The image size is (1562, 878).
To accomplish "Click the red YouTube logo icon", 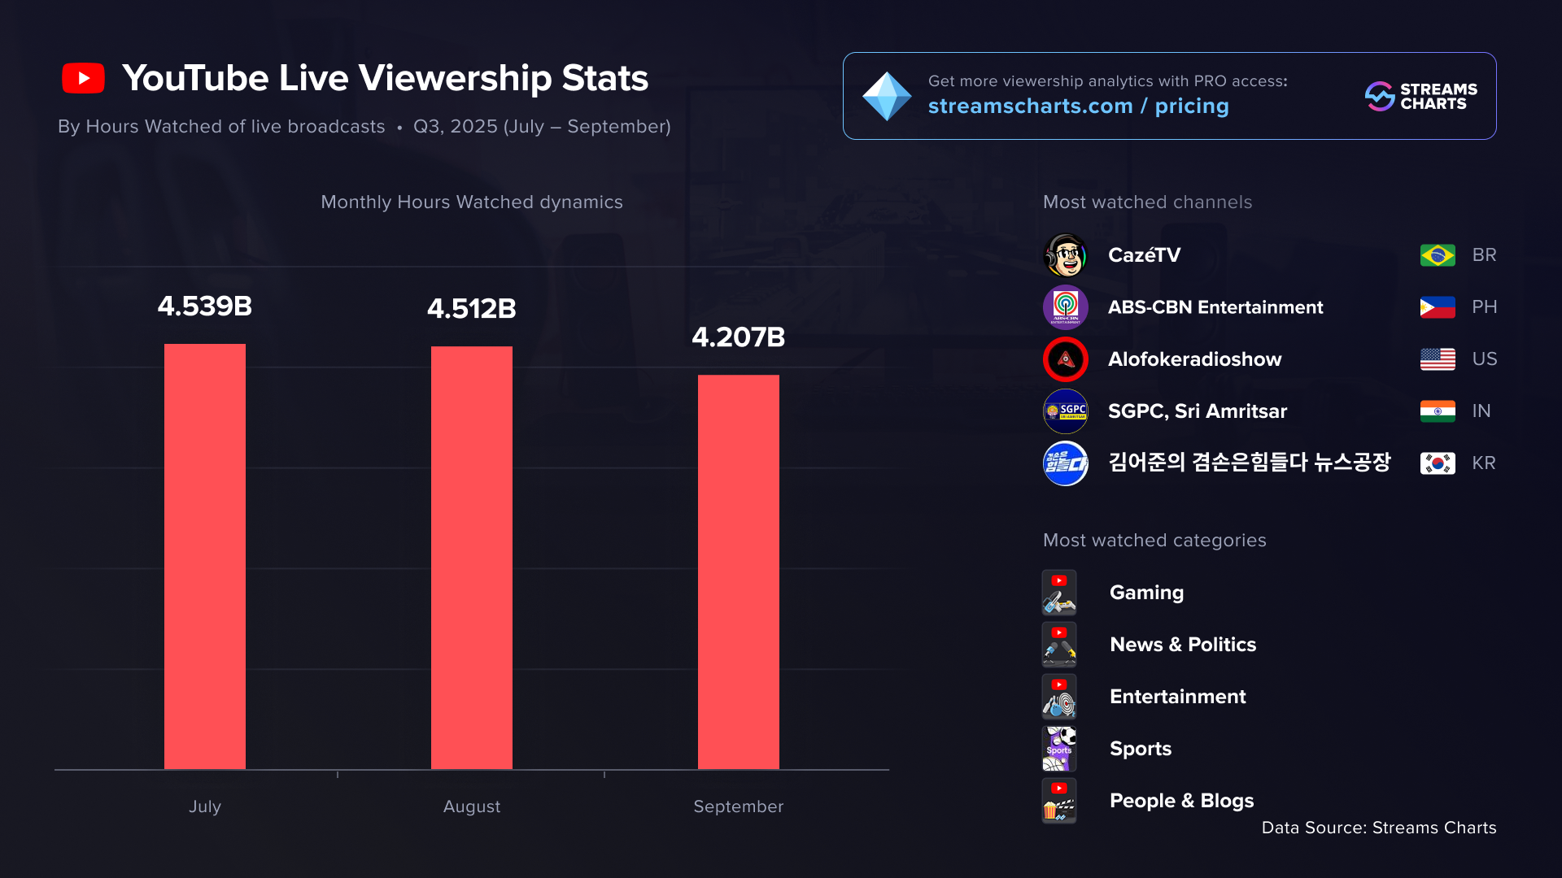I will pos(83,78).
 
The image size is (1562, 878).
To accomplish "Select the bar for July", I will pos(205,556).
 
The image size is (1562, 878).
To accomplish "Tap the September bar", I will pos(738,572).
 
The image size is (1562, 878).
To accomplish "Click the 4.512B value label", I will pos(471,309).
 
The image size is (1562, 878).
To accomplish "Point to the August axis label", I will pos(471,806).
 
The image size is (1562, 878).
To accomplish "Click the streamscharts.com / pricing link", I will pos(1078,106).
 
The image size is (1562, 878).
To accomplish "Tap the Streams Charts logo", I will pos(1420,96).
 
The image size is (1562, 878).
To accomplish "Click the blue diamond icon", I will pos(886,96).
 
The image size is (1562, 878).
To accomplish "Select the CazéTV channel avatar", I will pos(1065,255).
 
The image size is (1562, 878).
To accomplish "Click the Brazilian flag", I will pos(1437,255).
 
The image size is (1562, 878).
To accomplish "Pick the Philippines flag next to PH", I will pos(1437,307).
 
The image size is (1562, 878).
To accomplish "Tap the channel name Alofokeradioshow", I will pos(1194,359).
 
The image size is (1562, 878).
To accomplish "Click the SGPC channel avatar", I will pos(1065,411).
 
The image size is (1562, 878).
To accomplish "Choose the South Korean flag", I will pos(1437,463).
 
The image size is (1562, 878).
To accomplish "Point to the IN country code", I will pos(1481,411).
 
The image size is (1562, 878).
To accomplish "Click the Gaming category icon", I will pos(1059,593).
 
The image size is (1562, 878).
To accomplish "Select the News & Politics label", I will pos(1183,645).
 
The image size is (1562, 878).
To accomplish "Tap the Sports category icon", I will pos(1059,749).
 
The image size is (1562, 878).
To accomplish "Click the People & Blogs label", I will pos(1181,801).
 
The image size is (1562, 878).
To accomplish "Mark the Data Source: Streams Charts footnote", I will pos(1378,828).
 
